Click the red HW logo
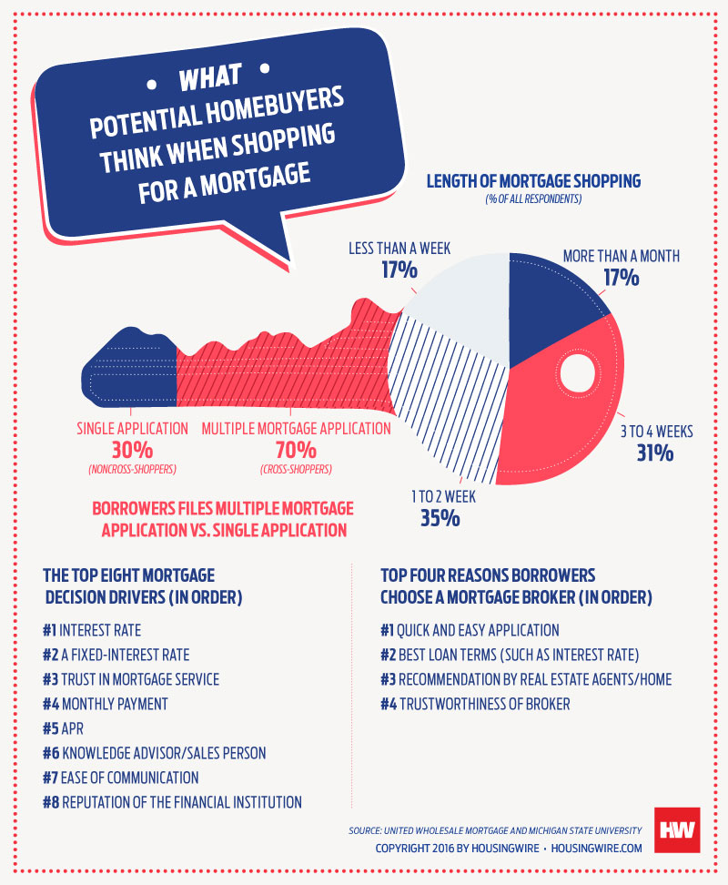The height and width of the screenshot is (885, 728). coord(675,830)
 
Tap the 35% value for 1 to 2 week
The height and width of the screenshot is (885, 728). coord(440,518)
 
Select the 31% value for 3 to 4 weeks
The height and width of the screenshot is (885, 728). coord(654,452)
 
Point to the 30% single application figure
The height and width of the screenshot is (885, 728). coord(132,450)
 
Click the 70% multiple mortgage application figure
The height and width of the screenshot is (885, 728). coord(296,450)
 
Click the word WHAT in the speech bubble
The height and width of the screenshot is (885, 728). coord(210,79)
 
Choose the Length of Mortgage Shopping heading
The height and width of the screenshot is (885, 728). coord(533,181)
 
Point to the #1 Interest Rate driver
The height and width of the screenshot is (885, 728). coord(92,630)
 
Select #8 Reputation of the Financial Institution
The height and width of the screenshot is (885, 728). coord(172,802)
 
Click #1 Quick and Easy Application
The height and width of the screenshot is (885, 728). coord(470,630)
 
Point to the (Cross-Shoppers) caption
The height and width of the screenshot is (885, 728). coord(295,470)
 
